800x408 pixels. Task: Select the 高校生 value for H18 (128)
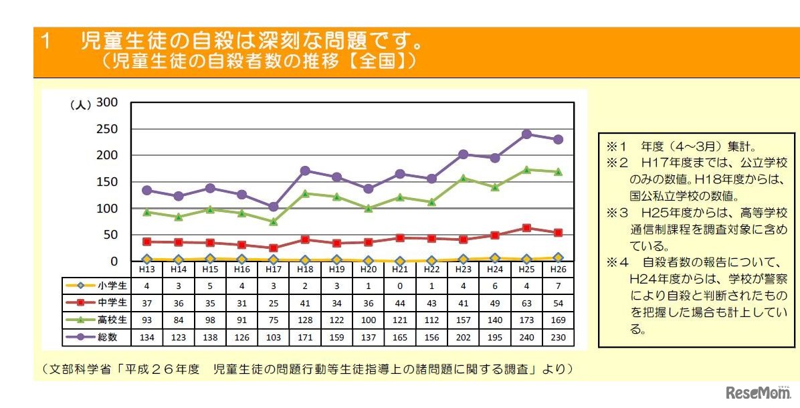coord(304,320)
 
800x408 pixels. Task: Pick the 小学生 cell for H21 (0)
coord(399,285)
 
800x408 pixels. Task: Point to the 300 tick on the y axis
coord(107,103)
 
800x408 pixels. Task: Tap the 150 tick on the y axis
coord(107,182)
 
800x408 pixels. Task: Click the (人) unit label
coord(80,105)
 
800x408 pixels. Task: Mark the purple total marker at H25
coord(526,134)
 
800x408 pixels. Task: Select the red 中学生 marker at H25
coord(526,228)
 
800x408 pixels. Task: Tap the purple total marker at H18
coord(304,171)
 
